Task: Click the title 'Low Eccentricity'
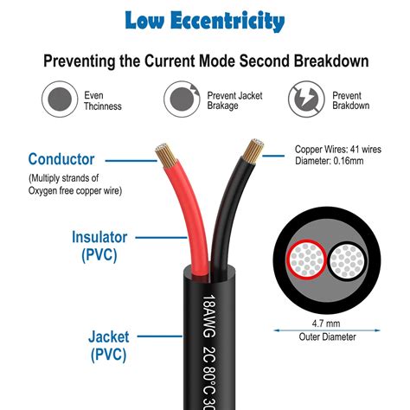pos(204,20)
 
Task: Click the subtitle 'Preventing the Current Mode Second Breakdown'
pos(204,61)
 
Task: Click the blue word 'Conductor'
pos(61,159)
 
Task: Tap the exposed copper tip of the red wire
pos(166,157)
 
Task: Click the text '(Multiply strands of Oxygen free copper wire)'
pos(73,184)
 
